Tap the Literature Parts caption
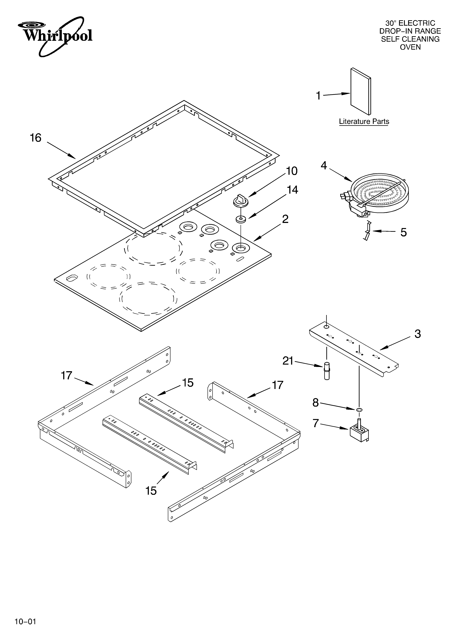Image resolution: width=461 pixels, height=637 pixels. coord(364,122)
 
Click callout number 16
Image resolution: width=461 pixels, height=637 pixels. coord(36,138)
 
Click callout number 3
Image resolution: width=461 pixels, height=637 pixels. coord(417,334)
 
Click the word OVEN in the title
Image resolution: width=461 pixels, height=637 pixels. coord(410,47)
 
